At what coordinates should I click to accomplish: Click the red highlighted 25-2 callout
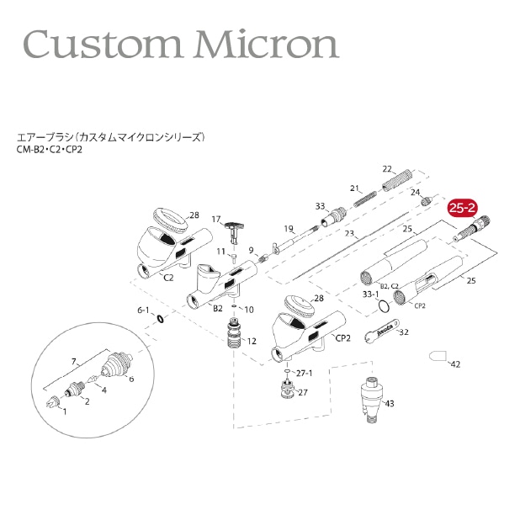pos(462,208)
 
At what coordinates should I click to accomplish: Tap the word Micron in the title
pos(268,44)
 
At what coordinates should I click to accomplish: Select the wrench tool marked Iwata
pos(381,331)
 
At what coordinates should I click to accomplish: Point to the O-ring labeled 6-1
pos(160,319)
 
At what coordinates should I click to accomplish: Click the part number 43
pos(389,403)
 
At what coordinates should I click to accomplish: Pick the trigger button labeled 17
pos(234,231)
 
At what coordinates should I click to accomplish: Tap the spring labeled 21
pos(365,199)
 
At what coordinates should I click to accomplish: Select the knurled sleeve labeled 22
pos(397,180)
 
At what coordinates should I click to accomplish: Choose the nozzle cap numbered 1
pos(52,401)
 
